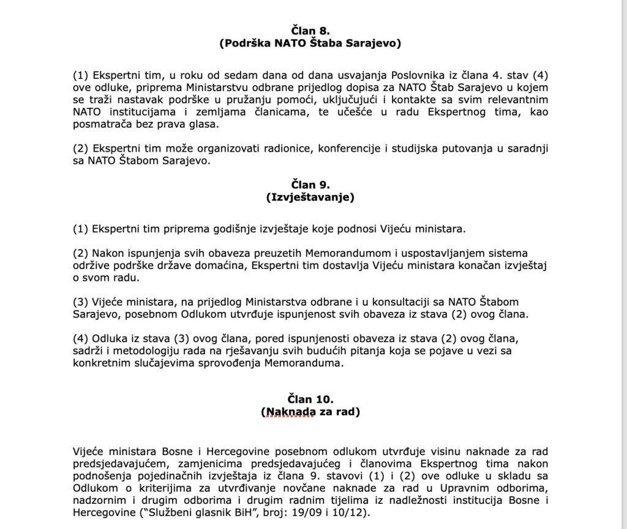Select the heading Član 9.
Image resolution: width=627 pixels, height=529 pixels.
point(310,184)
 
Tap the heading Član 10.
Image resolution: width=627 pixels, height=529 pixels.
point(310,399)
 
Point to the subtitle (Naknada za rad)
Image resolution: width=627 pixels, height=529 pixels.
point(310,412)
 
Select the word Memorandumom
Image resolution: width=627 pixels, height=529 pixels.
point(318,253)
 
